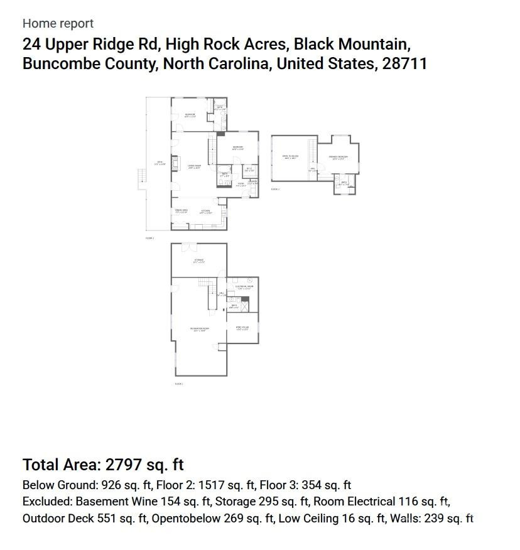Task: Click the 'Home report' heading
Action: (x=58, y=23)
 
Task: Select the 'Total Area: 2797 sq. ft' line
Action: (x=103, y=465)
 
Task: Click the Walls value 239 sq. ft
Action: (x=448, y=518)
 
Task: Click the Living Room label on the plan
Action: (x=193, y=166)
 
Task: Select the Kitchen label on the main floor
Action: (x=205, y=212)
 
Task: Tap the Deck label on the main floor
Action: (x=160, y=163)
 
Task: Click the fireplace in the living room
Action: (x=176, y=159)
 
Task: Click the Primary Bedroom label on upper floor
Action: (x=338, y=158)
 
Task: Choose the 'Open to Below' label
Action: (x=290, y=157)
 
